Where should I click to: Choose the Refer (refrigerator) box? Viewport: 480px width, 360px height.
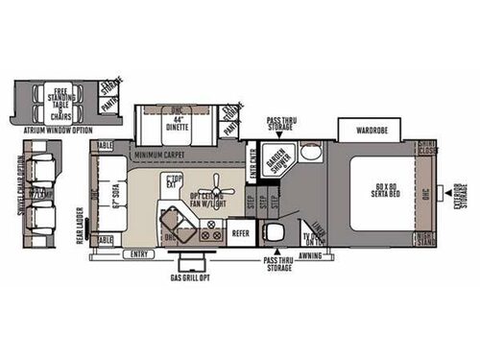[241, 231]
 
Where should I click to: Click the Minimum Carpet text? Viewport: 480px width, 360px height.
[159, 155]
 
